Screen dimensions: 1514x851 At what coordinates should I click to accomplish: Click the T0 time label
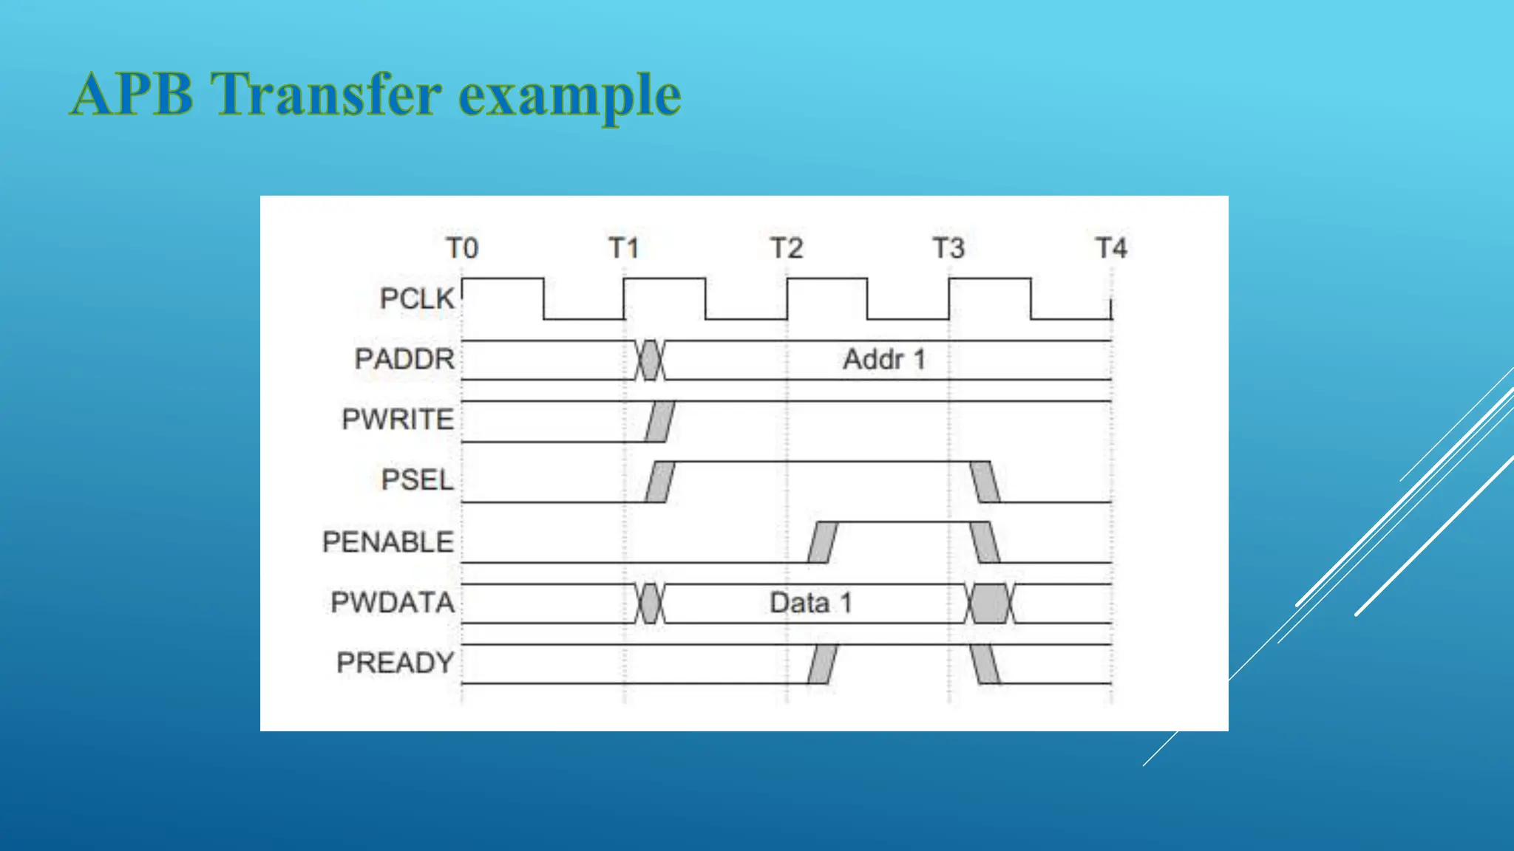pos(462,248)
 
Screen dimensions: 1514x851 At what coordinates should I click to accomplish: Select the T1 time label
pos(624,248)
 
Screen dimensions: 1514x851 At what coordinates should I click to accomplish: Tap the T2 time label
pos(787,248)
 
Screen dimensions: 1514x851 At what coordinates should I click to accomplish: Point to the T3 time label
pos(948,248)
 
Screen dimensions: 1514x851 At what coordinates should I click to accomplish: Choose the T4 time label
pos(1111,248)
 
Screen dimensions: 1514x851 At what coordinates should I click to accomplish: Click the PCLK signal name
pos(417,299)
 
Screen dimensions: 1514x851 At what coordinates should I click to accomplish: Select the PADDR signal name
pos(404,359)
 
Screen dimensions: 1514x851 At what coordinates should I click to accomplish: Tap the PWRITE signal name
pos(398,420)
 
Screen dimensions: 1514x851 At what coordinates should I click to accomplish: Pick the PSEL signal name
pos(417,480)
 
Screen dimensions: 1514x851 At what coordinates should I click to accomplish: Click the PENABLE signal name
pos(388,542)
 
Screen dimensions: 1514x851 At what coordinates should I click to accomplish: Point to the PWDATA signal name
pos(393,603)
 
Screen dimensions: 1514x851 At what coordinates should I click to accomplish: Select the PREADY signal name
pos(396,663)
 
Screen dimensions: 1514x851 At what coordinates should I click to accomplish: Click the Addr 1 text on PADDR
pos(884,360)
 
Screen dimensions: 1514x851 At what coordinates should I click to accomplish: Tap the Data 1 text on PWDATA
pos(811,604)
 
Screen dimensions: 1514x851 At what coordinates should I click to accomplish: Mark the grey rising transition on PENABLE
pos(822,542)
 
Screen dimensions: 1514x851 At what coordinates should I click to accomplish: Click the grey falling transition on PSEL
pos(985,482)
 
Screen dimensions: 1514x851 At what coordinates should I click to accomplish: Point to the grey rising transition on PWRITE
pos(659,421)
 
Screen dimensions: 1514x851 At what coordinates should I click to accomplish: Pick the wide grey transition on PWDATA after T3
pos(990,604)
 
